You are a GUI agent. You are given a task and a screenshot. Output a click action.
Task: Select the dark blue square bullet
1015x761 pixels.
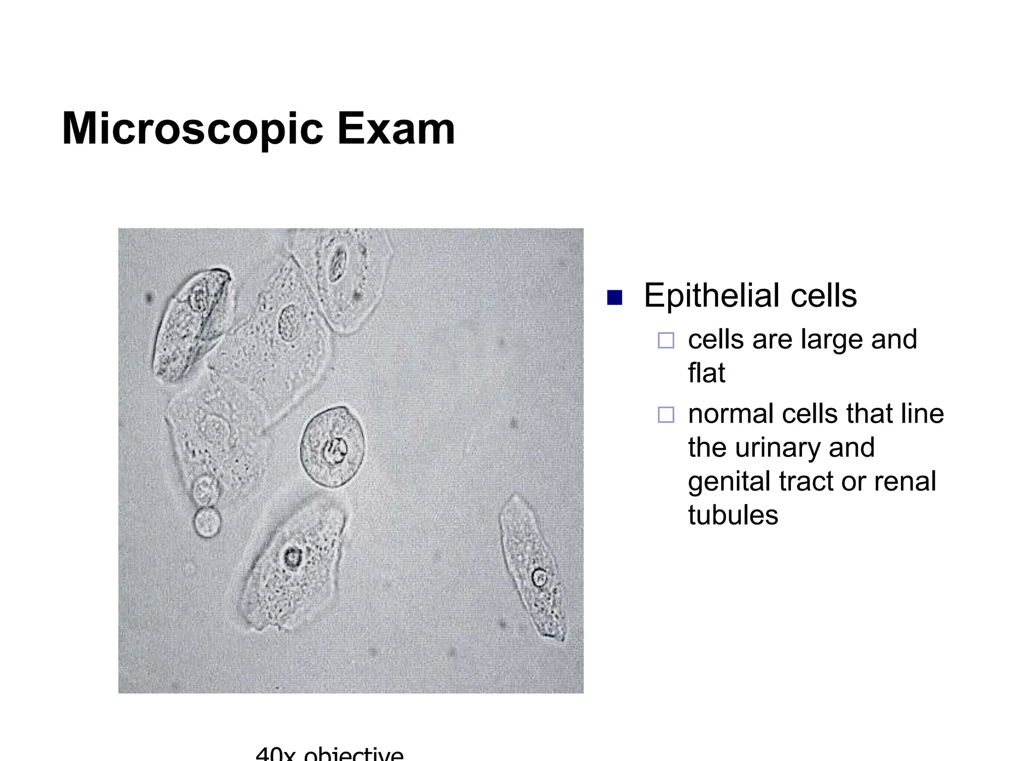point(615,297)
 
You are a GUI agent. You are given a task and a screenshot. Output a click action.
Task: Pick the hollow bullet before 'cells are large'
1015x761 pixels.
point(666,340)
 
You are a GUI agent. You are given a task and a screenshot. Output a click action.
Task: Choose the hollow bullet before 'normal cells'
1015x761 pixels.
point(666,414)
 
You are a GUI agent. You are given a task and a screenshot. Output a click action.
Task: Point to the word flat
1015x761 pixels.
point(706,373)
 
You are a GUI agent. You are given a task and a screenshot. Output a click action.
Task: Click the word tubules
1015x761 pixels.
point(733,515)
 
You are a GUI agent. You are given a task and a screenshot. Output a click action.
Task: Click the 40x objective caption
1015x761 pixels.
point(330,754)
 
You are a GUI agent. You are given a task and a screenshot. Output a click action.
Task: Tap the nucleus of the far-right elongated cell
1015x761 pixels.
point(539,578)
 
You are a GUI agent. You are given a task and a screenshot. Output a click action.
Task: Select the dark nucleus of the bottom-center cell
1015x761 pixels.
point(292,557)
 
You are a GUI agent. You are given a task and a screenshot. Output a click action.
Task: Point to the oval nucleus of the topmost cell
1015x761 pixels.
point(338,262)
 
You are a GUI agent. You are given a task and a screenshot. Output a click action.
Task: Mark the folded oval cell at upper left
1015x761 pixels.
point(191,325)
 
